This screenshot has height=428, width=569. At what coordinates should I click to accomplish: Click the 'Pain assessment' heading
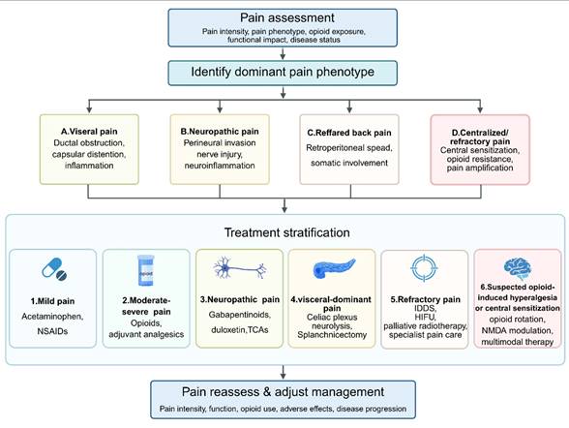(x=287, y=17)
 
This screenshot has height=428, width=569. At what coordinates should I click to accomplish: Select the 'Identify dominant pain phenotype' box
(x=283, y=73)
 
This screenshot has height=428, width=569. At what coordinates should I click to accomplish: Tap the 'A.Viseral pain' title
(x=89, y=132)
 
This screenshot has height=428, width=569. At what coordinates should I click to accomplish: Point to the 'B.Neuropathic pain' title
(x=220, y=132)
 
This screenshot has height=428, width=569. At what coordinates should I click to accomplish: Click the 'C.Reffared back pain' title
(x=349, y=133)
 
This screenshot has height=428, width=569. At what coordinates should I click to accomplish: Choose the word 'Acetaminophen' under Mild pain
(x=52, y=317)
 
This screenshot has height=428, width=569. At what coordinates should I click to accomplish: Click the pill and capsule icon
(x=54, y=269)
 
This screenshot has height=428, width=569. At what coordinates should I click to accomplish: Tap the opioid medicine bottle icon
(x=145, y=270)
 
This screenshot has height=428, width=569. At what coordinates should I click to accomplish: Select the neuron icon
(x=240, y=268)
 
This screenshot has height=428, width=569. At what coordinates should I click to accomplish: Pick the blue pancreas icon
(x=334, y=268)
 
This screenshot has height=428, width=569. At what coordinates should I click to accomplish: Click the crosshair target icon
(x=424, y=268)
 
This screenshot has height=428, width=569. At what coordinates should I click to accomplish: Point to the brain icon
(x=518, y=268)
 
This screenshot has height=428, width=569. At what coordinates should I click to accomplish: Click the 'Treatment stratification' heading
(x=287, y=232)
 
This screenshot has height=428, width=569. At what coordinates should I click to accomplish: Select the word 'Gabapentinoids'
(x=240, y=315)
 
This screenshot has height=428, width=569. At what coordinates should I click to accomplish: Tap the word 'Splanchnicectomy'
(x=332, y=335)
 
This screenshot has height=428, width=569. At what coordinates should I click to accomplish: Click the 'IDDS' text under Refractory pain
(x=425, y=309)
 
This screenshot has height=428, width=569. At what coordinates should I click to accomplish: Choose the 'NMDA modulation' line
(x=517, y=331)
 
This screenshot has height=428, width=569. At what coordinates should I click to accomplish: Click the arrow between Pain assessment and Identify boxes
(x=283, y=53)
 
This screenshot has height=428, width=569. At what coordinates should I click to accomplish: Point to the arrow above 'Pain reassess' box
(x=283, y=373)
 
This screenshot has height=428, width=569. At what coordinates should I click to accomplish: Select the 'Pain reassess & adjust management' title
(x=283, y=392)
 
